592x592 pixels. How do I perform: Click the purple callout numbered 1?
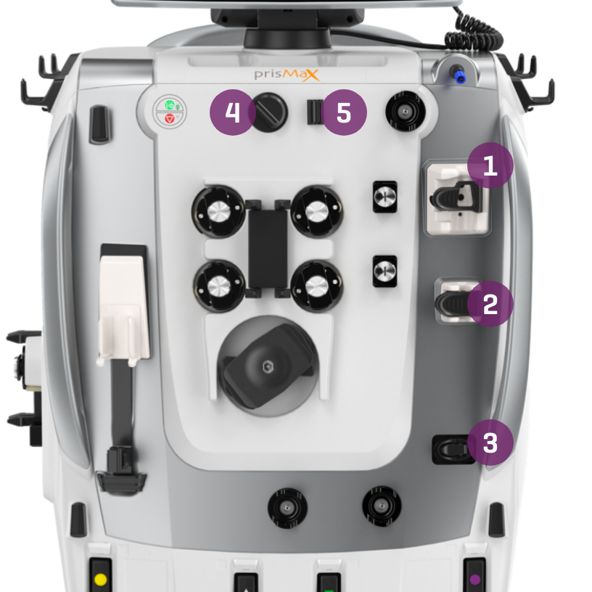(490, 165)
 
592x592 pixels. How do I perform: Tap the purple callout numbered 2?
(490, 304)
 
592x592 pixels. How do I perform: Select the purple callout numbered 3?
(490, 443)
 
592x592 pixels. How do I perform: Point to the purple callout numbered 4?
(233, 112)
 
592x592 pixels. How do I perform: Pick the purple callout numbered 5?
(344, 112)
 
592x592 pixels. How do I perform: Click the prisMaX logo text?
(287, 75)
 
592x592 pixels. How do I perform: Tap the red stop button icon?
(170, 118)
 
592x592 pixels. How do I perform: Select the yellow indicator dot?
(100, 579)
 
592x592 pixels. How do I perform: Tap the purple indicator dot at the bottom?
(475, 579)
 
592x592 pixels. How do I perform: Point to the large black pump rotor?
(268, 366)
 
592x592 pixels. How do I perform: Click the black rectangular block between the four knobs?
(268, 248)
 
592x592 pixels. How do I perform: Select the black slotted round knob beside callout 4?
(268, 112)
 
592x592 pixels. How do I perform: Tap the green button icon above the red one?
(170, 104)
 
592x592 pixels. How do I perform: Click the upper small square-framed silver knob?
(385, 197)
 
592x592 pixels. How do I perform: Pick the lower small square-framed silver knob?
(385, 271)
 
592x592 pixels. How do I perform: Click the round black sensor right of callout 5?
(406, 112)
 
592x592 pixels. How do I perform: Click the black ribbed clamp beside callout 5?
(315, 112)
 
